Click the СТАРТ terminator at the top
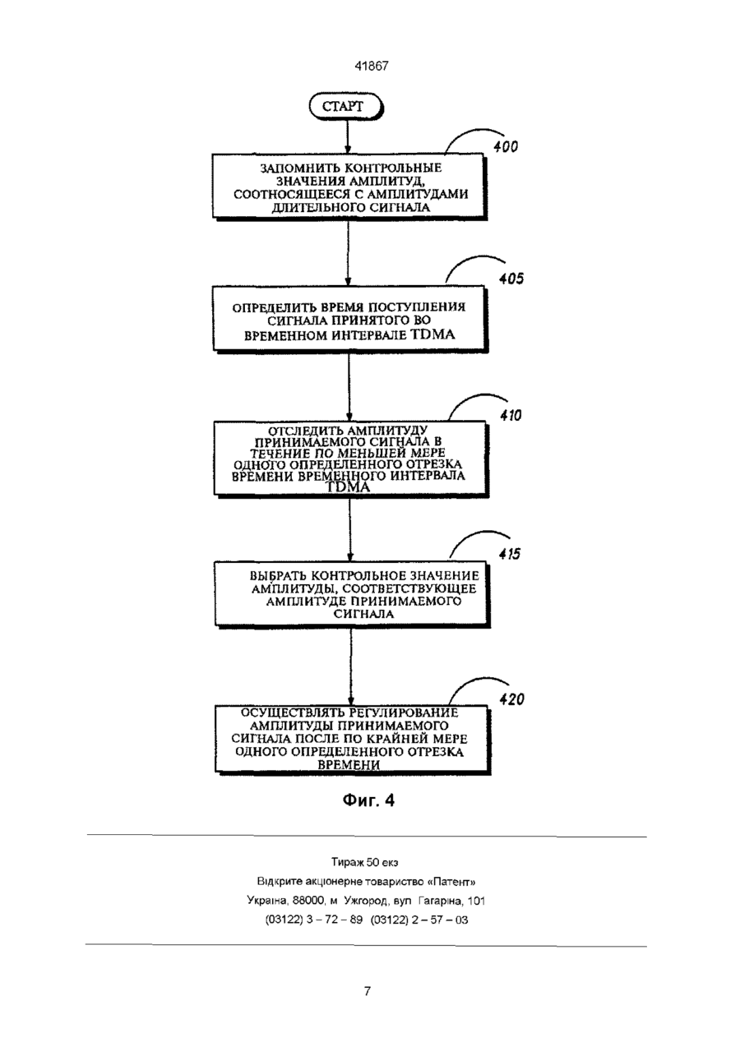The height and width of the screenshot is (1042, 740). click(346, 107)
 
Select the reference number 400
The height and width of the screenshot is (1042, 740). click(506, 147)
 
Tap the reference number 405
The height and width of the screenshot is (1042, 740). click(511, 279)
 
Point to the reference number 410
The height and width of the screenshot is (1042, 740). click(511, 415)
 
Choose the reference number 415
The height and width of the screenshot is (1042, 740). click(510, 554)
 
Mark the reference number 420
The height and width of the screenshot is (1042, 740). click(511, 699)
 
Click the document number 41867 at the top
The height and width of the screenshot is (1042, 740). click(371, 66)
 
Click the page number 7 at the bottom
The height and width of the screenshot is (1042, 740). click(368, 991)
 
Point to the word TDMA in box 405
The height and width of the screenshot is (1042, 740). click(432, 334)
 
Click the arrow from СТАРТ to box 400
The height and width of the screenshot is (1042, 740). click(347, 138)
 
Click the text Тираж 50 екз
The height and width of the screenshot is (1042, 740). click(364, 862)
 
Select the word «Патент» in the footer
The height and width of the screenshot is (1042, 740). click(451, 882)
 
